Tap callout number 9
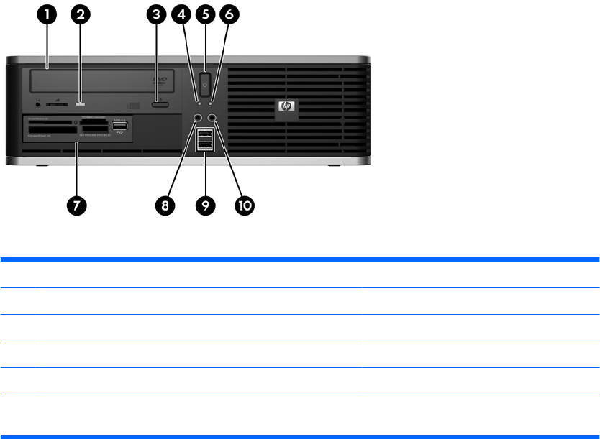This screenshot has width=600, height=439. click(x=206, y=205)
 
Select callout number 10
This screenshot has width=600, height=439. click(x=245, y=205)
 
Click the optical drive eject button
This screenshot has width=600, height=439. click(x=160, y=105)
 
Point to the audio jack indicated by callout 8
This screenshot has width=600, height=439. click(x=198, y=117)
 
